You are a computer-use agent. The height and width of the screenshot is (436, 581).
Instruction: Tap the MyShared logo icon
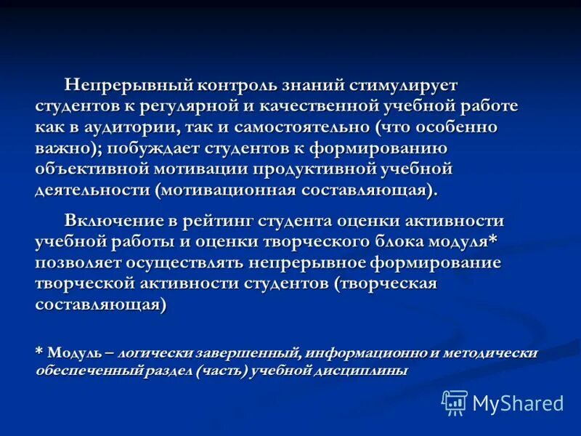point(455,402)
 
